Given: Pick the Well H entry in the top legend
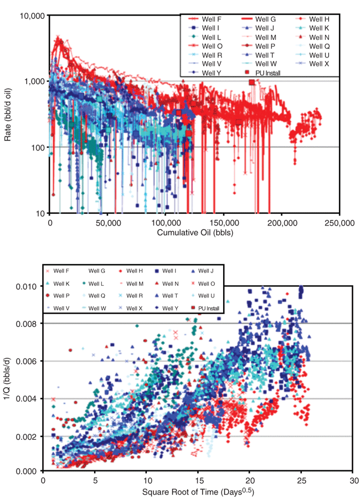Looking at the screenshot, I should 318,19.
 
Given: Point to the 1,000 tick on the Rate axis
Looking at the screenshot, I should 34,81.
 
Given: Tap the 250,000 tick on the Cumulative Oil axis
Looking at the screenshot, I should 339,223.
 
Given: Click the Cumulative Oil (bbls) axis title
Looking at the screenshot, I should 194,233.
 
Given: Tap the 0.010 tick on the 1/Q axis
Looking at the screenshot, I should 27,286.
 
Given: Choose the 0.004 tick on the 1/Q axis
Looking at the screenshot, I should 27,399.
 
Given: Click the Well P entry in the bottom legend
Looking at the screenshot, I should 60,296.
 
